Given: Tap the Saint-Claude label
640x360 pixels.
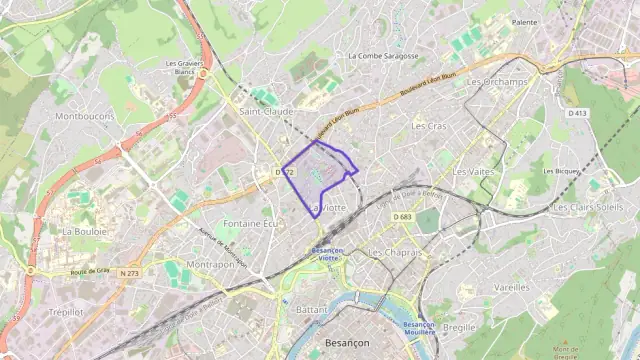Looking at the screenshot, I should [265, 111].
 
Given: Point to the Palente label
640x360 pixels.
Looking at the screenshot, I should [524, 21].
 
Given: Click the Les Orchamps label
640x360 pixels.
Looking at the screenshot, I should [497, 82].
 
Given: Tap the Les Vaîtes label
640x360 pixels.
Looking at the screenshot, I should [473, 172].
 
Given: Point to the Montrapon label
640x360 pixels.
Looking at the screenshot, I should [210, 264].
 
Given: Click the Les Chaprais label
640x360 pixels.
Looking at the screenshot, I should [395, 252].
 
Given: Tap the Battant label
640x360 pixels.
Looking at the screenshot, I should [312, 310].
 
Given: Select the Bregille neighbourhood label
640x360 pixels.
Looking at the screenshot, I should [459, 326].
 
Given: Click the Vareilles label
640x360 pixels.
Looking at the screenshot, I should [511, 286].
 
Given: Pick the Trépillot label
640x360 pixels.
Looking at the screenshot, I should [66, 311].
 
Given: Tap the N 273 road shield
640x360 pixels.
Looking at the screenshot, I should [129, 272].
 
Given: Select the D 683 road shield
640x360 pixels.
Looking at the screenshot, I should [403, 216].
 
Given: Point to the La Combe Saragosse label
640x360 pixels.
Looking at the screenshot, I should [383, 56].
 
